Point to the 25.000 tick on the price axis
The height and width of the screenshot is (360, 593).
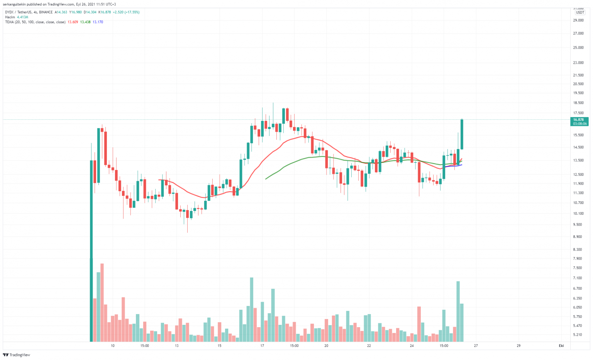point(578,48)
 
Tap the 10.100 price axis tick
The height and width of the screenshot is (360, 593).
point(578,213)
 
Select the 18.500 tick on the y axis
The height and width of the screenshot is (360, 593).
point(578,103)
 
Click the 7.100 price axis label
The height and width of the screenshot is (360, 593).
point(578,278)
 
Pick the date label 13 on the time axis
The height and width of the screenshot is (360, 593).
point(176,346)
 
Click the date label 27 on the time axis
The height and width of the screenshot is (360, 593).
point(476,346)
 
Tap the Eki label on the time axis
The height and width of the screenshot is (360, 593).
point(561,346)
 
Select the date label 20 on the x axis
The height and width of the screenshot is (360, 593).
point(326,346)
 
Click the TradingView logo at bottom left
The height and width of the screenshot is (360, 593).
point(16,355)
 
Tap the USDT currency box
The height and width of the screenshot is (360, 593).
point(580,13)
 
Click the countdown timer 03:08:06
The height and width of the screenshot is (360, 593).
point(580,124)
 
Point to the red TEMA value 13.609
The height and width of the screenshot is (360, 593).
point(73,22)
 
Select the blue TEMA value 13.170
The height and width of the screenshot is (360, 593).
point(98,22)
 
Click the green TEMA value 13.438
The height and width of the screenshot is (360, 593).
point(85,22)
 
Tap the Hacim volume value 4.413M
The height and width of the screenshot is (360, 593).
point(22,17)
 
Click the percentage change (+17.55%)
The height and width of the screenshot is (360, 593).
point(132,12)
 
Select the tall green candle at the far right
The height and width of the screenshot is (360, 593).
point(462,134)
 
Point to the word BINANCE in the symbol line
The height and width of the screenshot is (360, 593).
point(46,12)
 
